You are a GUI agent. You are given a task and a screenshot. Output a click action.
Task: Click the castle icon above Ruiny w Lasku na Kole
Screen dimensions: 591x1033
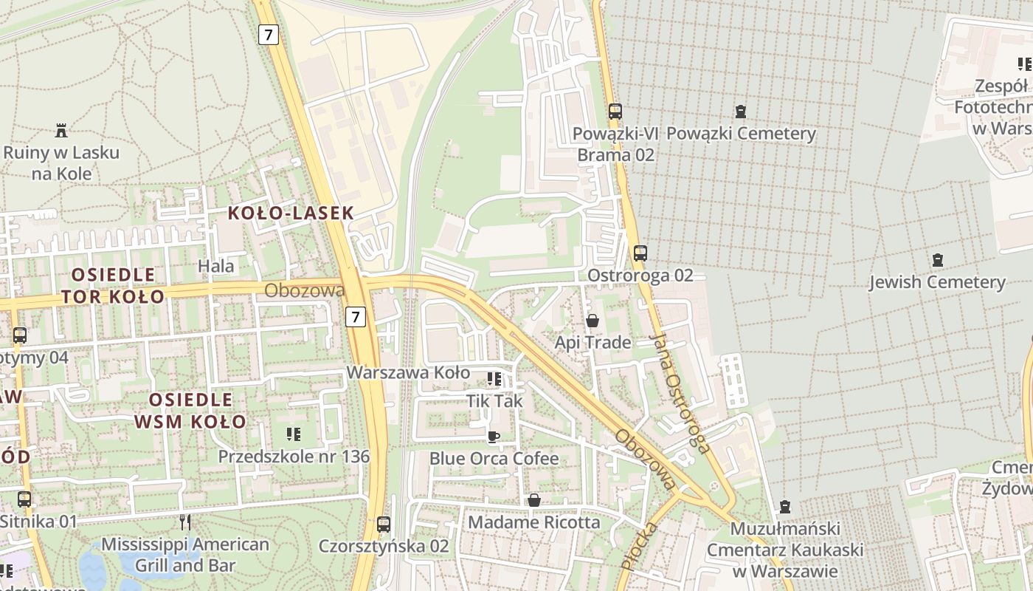point(61,131)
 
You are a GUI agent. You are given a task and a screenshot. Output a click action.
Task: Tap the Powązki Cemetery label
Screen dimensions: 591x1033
point(741,134)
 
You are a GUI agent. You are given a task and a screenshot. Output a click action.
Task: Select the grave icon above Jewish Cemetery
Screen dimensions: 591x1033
point(937,260)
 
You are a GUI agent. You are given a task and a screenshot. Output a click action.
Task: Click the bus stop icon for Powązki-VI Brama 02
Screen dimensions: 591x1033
point(615,112)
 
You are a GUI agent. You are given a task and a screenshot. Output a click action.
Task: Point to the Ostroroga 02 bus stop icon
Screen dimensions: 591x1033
point(640,253)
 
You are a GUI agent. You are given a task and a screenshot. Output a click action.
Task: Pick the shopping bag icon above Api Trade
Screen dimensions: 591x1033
point(592,321)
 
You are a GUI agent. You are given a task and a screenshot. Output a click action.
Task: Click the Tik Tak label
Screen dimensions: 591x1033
point(494,401)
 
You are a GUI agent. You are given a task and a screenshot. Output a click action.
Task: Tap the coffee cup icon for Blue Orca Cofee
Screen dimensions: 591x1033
point(494,437)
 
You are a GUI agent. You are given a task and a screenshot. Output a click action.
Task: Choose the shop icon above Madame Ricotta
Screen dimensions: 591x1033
point(533,501)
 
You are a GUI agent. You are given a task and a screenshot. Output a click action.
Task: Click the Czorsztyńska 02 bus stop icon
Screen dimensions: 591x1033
point(383,525)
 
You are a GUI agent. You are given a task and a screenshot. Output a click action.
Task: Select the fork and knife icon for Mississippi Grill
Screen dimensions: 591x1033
point(185,522)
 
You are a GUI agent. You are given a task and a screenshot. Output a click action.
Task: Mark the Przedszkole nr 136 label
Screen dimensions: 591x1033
point(294,457)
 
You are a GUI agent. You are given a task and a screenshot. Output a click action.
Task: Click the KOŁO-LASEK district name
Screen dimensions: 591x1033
point(291,213)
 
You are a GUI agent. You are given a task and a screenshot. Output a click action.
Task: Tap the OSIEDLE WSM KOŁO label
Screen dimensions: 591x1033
point(190,411)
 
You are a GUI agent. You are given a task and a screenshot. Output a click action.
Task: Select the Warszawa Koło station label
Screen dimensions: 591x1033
point(408,372)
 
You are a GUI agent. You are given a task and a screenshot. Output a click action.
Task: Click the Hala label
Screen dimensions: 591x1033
point(216,266)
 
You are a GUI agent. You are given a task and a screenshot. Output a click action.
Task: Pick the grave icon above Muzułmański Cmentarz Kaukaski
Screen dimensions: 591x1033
point(784,508)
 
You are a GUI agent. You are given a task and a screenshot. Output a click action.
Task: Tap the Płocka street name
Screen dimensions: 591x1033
point(639,546)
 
